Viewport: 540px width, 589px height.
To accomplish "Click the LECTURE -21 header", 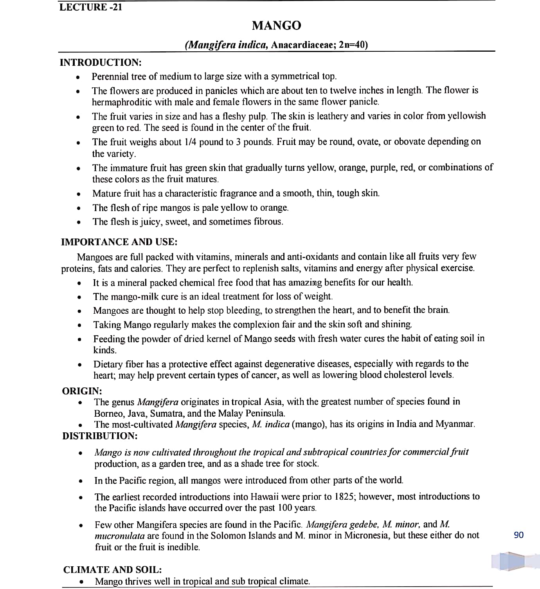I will tap(91, 7).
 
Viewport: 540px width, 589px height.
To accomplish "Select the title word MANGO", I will tap(276, 25).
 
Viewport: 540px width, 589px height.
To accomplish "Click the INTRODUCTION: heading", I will tap(101, 62).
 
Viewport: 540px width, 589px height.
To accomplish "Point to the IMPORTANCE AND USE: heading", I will tap(119, 242).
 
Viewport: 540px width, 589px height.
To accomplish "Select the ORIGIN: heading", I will tap(82, 391).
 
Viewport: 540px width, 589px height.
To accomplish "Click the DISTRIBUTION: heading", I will tap(100, 436).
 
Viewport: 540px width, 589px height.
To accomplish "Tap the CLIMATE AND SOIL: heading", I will tap(113, 570).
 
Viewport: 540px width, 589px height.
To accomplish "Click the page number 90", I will tap(518, 535).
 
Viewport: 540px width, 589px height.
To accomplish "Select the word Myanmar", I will tap(455, 424).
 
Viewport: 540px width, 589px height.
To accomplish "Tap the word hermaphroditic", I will tap(122, 102).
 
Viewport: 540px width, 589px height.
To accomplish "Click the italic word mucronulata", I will tap(120, 536).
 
